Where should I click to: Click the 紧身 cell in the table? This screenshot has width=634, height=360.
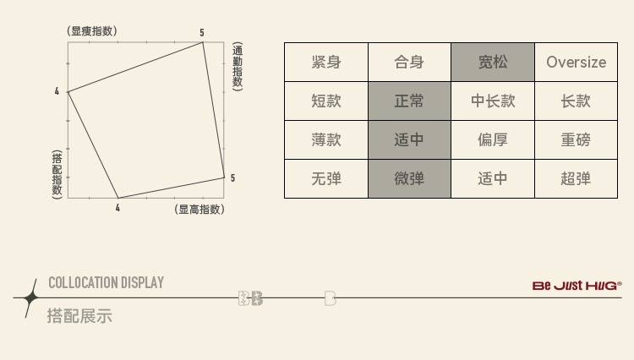coord(325,62)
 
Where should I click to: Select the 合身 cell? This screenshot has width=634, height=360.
coord(409,62)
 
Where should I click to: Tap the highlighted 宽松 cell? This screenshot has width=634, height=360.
coord(492,62)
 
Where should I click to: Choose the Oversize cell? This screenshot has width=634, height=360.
coord(577,62)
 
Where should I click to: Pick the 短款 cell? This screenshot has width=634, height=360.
coord(325,101)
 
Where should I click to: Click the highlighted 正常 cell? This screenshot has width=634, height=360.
coord(409,101)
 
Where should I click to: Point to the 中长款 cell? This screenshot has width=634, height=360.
coord(492,101)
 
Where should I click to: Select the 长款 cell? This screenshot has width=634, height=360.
coord(577,101)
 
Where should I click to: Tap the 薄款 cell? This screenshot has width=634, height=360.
coord(325,139)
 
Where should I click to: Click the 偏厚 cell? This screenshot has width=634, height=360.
coord(492,139)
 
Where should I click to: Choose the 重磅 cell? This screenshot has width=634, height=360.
coord(577,139)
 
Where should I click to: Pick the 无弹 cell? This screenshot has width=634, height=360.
coord(325,178)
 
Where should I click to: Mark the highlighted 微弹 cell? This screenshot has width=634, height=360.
coord(409,178)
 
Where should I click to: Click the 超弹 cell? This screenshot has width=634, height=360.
coord(577,178)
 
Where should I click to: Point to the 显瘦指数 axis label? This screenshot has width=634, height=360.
coord(92,31)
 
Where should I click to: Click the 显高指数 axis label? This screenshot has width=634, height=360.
coord(199,209)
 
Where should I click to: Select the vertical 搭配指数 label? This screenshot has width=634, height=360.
coord(57,173)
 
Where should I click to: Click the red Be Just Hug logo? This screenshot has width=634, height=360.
coord(577,286)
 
